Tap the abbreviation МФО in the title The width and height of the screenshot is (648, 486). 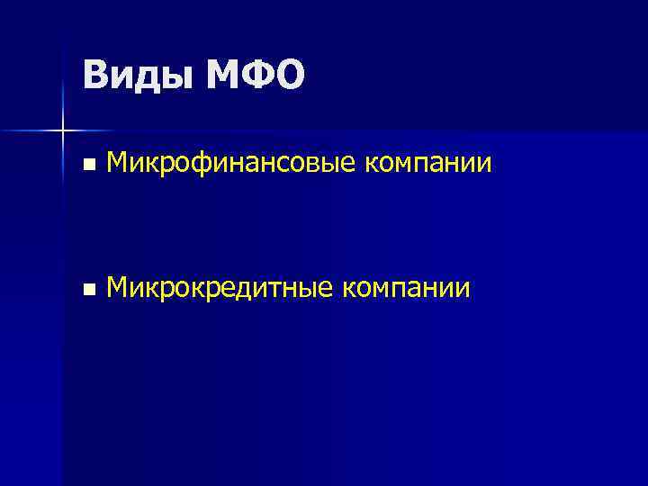pyautogui.click(x=256, y=75)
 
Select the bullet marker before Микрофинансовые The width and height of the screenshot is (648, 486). pyautogui.click(x=87, y=165)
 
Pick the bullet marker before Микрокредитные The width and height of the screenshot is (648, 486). pyautogui.click(x=87, y=289)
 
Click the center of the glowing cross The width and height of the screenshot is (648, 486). pyautogui.click(x=63, y=131)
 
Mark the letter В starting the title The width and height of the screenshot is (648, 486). pyautogui.click(x=94, y=75)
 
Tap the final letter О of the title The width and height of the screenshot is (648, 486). pyautogui.click(x=290, y=75)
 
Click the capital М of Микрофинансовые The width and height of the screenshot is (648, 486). pyautogui.click(x=117, y=163)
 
